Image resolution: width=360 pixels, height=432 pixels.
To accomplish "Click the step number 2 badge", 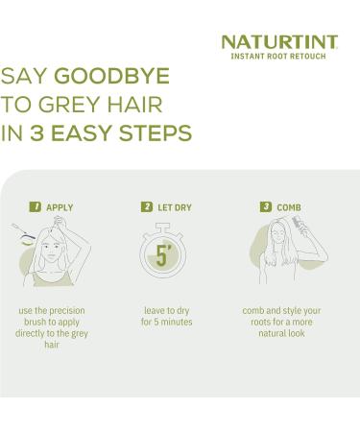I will (x=147, y=207).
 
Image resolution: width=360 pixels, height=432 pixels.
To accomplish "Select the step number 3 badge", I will (x=266, y=207).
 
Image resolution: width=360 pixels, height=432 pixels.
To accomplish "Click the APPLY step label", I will (x=59, y=207).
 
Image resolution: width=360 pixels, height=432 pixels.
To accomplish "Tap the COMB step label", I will (x=289, y=207).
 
